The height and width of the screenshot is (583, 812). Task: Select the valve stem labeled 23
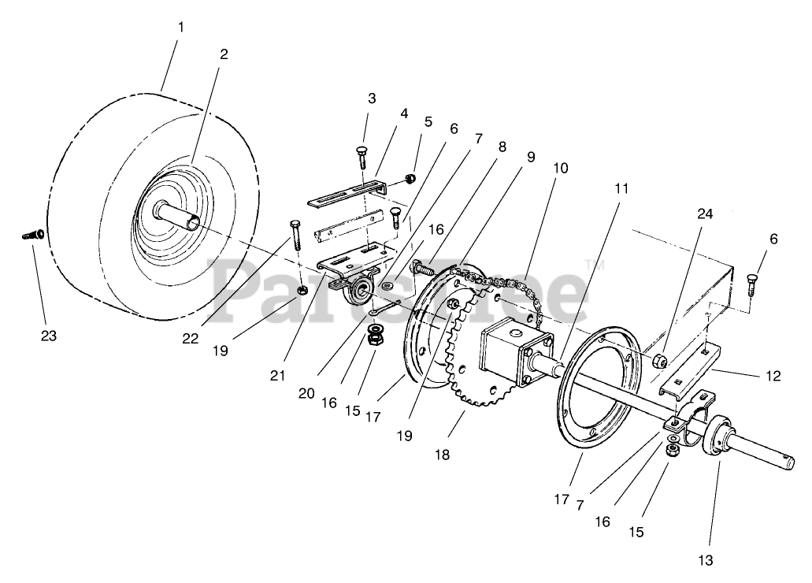tap(32, 233)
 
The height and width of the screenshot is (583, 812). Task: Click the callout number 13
tap(705, 560)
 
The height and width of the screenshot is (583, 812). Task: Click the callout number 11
tap(622, 188)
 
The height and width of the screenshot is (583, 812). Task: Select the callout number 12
tap(773, 377)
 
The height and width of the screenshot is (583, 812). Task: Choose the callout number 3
tap(372, 98)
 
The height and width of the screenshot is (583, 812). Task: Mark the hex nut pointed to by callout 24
tap(659, 362)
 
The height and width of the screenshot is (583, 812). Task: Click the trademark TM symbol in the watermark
tap(590, 265)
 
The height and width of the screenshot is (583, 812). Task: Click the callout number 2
tap(224, 54)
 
